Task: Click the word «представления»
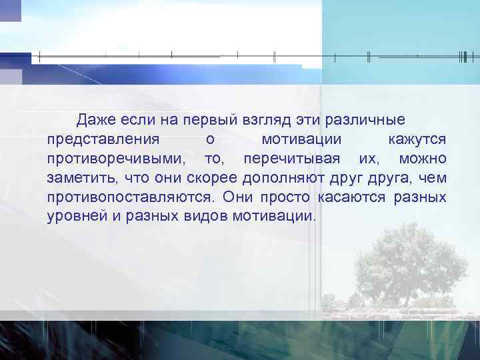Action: [103, 140]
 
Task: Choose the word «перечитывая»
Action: [293, 160]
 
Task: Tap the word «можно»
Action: [423, 159]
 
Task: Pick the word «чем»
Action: [435, 179]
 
